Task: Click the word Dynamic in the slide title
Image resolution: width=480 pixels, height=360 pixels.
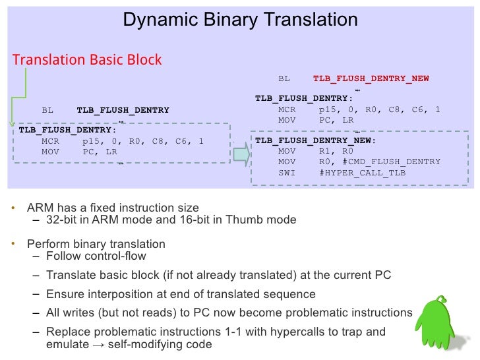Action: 152,20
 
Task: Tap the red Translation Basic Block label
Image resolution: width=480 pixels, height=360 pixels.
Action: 86,60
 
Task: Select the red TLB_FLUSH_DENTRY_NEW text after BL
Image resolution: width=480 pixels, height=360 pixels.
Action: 371,78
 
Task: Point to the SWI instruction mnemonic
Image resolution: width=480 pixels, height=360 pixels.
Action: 287,173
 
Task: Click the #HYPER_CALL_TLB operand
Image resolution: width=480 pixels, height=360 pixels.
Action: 362,173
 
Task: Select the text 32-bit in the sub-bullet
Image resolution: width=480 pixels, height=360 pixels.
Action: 66,220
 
